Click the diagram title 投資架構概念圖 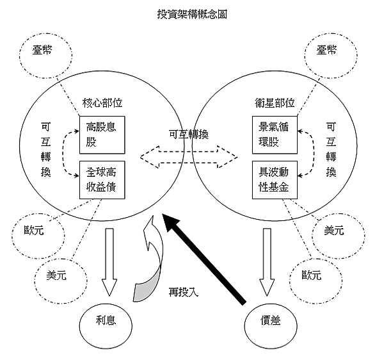click(191, 13)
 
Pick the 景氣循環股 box click(275, 133)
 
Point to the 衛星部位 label click(275, 103)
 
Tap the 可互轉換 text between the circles click(189, 135)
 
